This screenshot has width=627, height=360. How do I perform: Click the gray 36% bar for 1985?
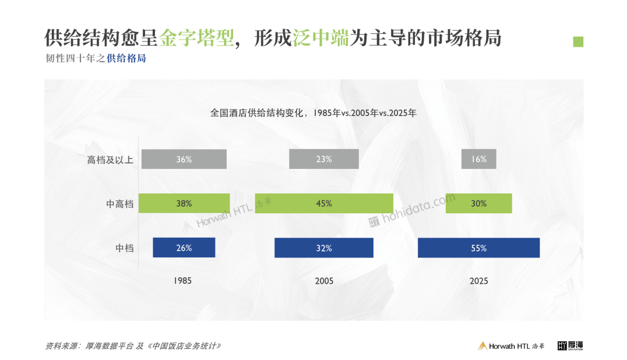[184, 159]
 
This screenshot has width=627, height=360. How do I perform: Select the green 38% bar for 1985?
[184, 203]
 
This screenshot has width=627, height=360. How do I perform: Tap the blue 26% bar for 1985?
[184, 248]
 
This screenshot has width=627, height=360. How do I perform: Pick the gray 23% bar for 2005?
[324, 159]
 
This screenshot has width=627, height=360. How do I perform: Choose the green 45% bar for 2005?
[324, 203]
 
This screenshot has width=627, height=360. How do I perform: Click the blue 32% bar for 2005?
[324, 248]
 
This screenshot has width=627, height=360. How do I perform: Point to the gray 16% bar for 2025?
[478, 159]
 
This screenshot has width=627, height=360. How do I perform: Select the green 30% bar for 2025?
[478, 203]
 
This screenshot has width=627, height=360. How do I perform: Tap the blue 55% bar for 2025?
[478, 248]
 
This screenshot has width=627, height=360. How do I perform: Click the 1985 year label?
[182, 281]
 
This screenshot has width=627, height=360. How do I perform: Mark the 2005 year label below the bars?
[324, 281]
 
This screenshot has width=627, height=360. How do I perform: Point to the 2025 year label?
[478, 281]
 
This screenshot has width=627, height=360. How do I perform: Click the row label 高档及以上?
[110, 160]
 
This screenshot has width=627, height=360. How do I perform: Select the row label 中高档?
[119, 204]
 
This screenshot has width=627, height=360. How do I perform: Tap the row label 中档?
[124, 248]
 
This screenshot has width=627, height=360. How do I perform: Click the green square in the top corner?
[578, 41]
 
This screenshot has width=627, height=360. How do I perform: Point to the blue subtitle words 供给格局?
[126, 59]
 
